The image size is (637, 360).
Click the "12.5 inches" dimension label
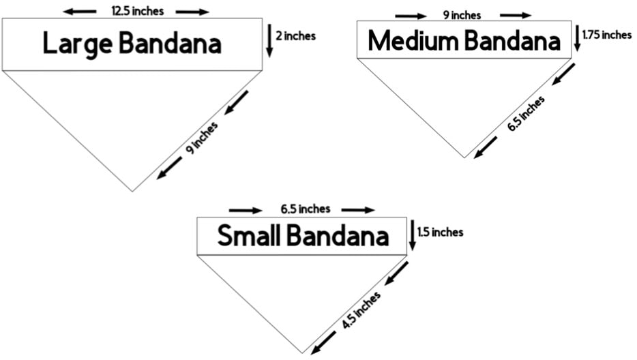click(138, 12)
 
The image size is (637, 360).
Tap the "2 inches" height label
click(296, 36)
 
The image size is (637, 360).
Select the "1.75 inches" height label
click(607, 35)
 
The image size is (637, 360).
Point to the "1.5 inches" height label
click(441, 232)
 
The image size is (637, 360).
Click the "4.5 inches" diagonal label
click(361, 310)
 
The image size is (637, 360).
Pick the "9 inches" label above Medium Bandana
click(462, 16)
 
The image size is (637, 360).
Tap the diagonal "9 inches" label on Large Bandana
click(202, 138)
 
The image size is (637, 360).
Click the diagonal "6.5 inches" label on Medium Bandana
click(526, 114)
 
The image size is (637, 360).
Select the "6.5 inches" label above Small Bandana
click(306, 209)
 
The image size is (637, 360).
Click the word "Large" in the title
click(77, 44)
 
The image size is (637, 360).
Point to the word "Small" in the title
click(247, 236)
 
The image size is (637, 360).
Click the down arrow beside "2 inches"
click(269, 40)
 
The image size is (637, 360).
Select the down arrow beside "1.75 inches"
click(577, 39)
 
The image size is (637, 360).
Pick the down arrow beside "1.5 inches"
click(413, 236)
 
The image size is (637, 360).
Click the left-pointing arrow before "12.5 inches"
click(80, 12)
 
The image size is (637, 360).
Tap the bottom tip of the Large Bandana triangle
click(132, 191)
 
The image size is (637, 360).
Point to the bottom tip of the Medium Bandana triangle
click(464, 157)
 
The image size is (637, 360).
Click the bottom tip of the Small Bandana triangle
click(302, 353)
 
